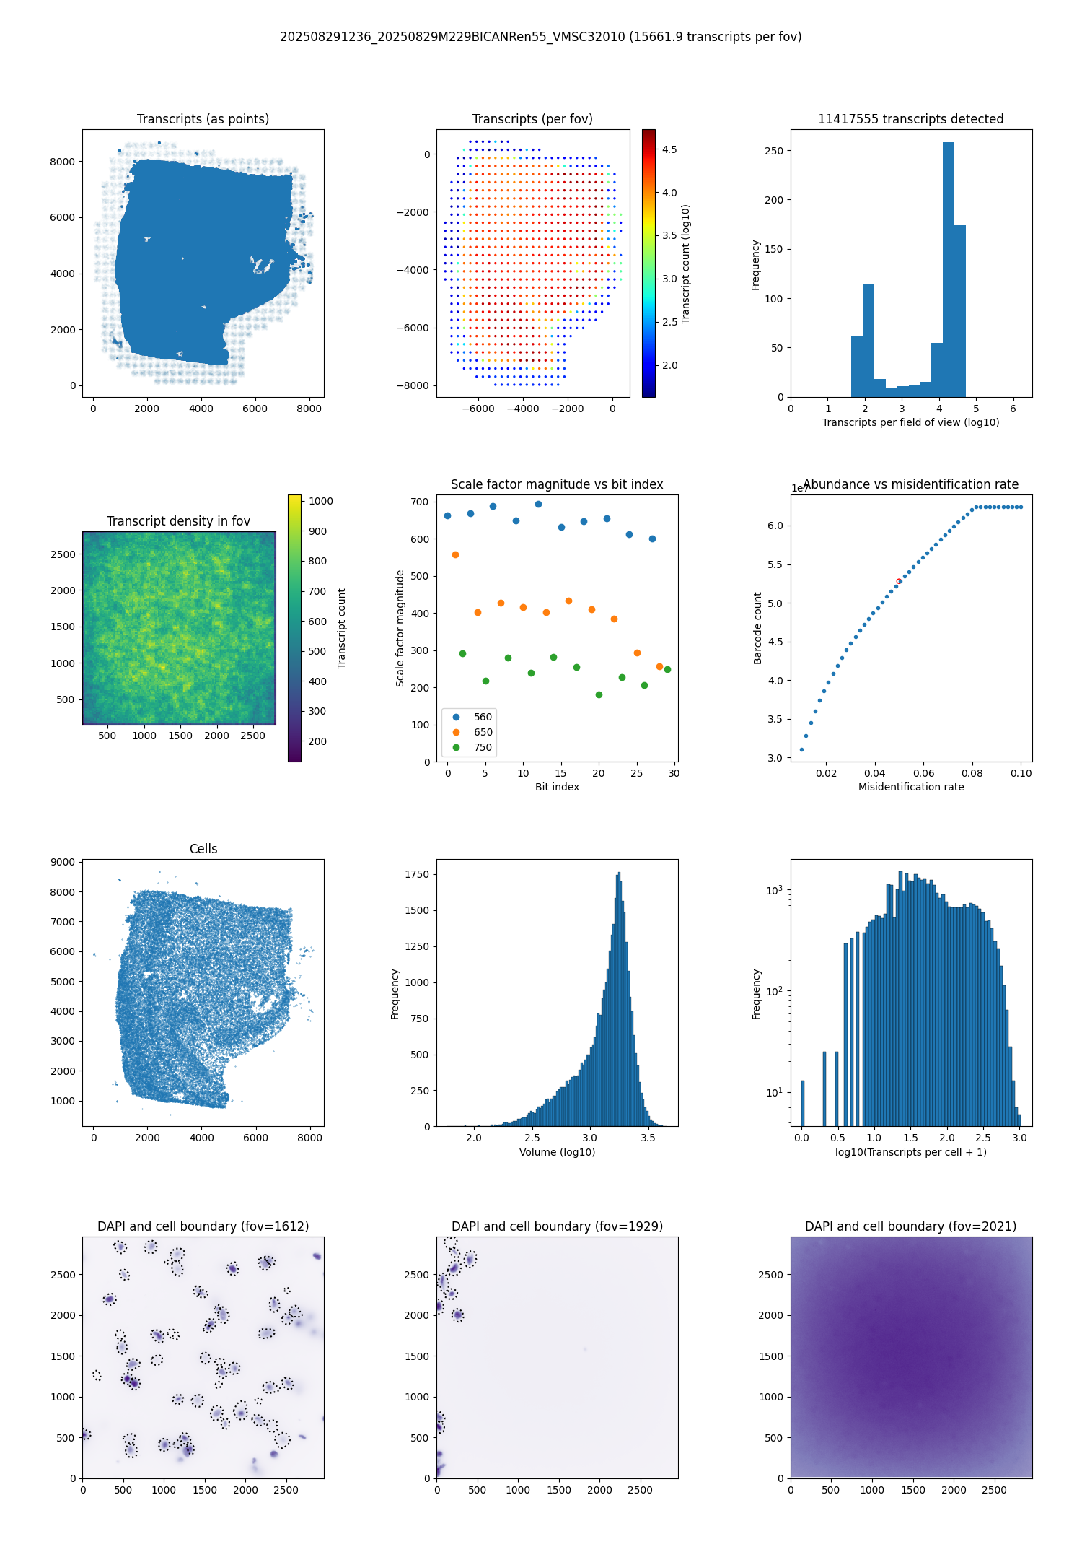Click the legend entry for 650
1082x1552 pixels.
pos(472,732)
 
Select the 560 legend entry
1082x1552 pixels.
pos(472,717)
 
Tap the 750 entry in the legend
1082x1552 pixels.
pos(472,747)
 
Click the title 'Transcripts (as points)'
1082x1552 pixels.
pos(203,119)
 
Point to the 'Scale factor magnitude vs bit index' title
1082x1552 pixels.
pos(557,484)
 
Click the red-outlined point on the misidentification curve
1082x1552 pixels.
pos(899,581)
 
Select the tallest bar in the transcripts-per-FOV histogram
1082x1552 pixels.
pos(948,269)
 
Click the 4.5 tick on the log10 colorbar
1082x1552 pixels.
pos(669,149)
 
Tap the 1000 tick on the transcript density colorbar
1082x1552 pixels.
pos(321,501)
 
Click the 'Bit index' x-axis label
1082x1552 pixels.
pos(557,787)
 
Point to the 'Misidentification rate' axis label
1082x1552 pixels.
pos(911,787)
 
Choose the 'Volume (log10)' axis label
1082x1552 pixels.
pos(557,1152)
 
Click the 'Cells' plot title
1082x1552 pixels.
pos(203,849)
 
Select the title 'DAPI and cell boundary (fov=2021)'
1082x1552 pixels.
pos(911,1226)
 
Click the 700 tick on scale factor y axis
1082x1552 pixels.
pos(421,502)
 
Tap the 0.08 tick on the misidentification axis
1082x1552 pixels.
pos(972,773)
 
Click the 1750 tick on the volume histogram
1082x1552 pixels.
pos(417,874)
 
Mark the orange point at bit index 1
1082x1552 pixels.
pos(455,554)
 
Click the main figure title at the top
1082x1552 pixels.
pos(541,37)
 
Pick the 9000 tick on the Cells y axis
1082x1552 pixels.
pos(63,862)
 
